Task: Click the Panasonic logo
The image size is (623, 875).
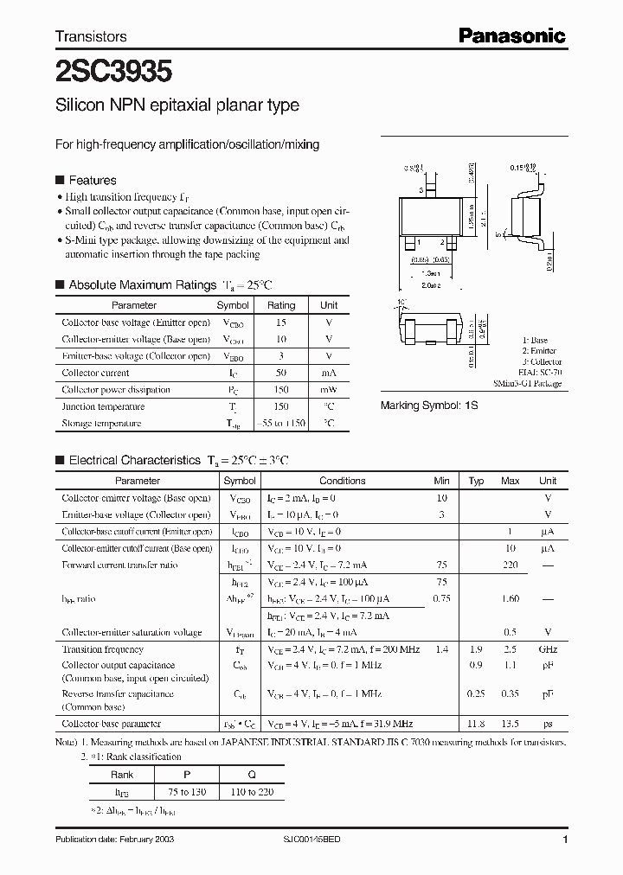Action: pos(511,35)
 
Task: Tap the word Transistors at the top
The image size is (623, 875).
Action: pos(91,36)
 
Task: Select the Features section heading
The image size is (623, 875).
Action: pos(92,181)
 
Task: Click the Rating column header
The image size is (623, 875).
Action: pos(281,305)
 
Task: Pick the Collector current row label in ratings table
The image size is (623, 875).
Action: pos(95,373)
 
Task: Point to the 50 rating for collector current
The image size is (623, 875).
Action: pos(281,373)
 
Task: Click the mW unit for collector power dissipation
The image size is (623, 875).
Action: pos(329,390)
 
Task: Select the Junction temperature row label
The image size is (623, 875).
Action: pos(101,406)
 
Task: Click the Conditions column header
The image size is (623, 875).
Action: pos(343,481)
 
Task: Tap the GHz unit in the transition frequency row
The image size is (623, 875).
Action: pos(548,649)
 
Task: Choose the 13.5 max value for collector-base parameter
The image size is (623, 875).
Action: pos(511,724)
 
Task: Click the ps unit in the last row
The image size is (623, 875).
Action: pos(548,724)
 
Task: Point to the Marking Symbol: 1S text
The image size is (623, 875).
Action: pos(429,405)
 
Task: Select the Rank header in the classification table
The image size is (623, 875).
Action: pos(121,775)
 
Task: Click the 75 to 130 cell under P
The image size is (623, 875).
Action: pos(181,792)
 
